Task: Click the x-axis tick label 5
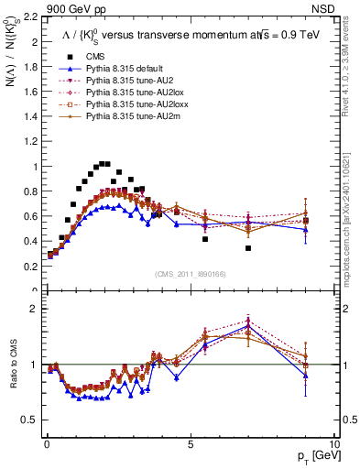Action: (190, 443)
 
